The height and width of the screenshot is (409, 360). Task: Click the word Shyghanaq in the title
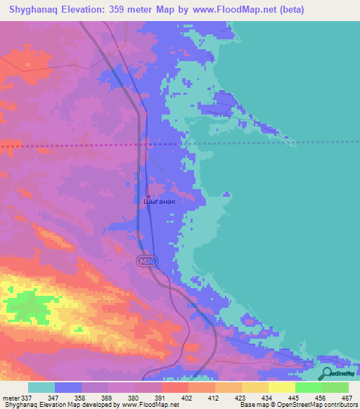click(29, 11)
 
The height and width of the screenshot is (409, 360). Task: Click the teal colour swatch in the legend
click(41, 387)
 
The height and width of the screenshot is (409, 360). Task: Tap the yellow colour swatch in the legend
click(281, 387)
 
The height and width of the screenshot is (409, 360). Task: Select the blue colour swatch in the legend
click(68, 387)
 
